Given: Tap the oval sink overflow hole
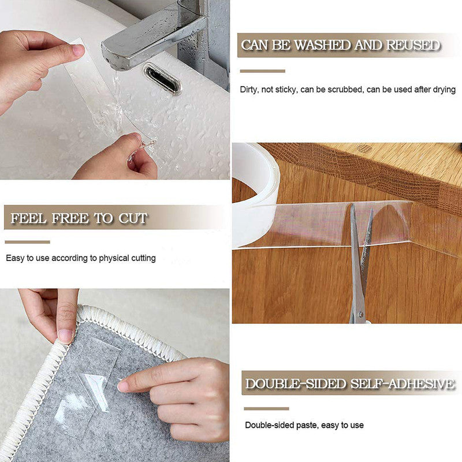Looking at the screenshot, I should (x=162, y=78).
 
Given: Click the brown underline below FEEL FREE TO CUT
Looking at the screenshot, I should (x=27, y=242).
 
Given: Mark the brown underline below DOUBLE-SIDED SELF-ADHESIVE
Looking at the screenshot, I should (x=266, y=408).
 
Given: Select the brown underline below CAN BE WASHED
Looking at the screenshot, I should (x=262, y=71).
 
